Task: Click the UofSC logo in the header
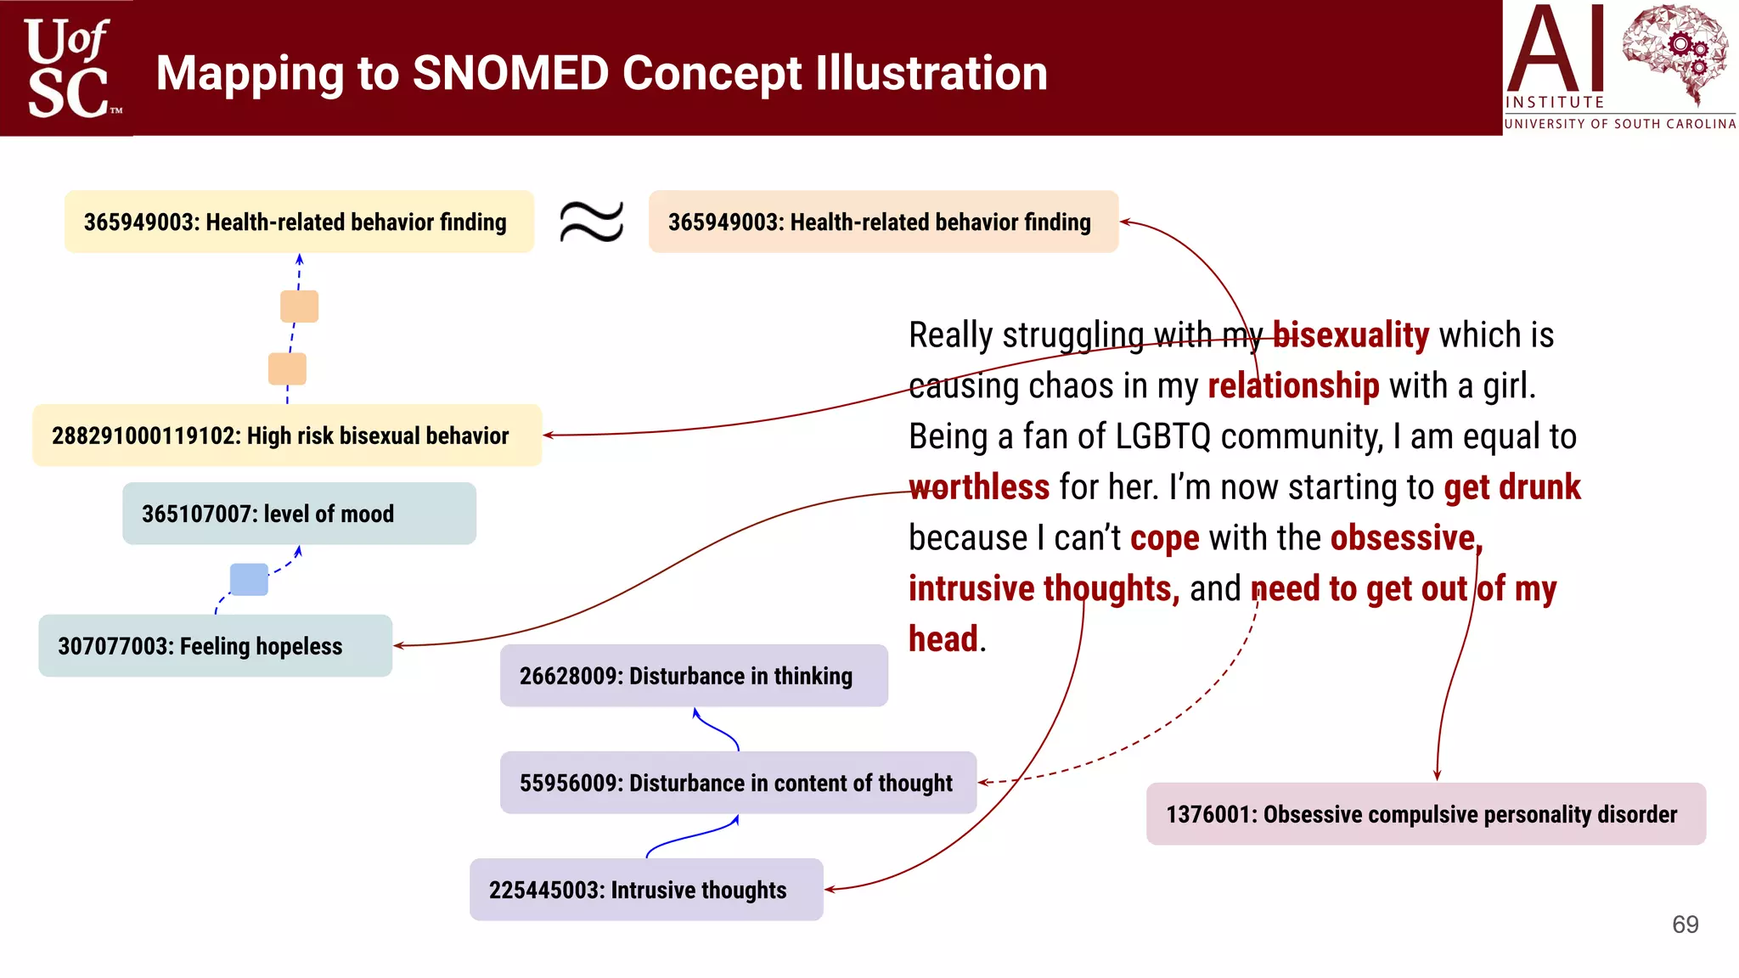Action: [68, 68]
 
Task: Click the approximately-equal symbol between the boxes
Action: [592, 222]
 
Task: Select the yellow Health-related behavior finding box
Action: [299, 222]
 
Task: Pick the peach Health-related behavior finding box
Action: [883, 222]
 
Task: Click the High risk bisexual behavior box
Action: [287, 436]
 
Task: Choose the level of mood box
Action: [299, 514]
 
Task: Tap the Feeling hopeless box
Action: [215, 646]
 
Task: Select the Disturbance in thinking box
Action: [694, 676]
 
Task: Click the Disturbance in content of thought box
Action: [738, 783]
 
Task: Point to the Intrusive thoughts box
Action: [646, 890]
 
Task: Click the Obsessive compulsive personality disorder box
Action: [1426, 814]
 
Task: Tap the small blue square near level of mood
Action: [249, 579]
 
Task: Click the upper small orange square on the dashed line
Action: [300, 306]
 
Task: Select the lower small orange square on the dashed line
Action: [287, 369]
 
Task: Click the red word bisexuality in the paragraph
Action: [1350, 335]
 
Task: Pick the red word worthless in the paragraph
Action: [979, 487]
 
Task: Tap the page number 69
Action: [1685, 925]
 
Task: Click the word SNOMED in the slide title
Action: [510, 73]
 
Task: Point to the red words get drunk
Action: [1511, 487]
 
